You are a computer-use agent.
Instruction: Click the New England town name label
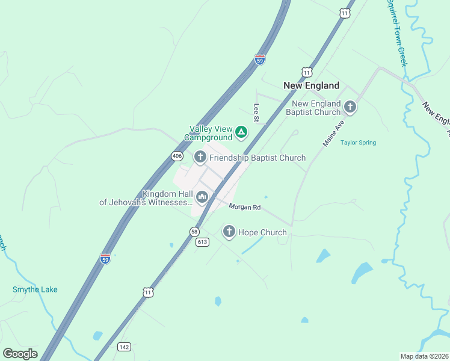click(311, 85)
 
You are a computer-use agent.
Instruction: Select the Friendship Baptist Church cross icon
click(200, 158)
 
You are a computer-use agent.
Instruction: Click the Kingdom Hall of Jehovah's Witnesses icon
click(202, 197)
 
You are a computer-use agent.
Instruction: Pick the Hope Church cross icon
click(229, 232)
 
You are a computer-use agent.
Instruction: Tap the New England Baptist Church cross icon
click(350, 107)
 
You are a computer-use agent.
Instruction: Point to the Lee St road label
click(256, 113)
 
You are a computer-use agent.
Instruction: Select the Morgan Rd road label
click(244, 207)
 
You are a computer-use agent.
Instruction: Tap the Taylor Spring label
click(358, 143)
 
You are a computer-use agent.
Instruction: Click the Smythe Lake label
click(35, 289)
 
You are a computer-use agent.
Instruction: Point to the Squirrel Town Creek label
click(397, 33)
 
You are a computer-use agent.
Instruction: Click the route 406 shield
click(176, 156)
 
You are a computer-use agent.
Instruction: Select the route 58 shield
click(194, 231)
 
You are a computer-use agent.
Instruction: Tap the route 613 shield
click(202, 242)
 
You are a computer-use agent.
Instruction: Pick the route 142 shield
click(124, 347)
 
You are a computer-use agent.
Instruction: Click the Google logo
click(20, 354)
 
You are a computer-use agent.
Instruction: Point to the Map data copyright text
click(424, 356)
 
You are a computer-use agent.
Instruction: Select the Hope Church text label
click(262, 232)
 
